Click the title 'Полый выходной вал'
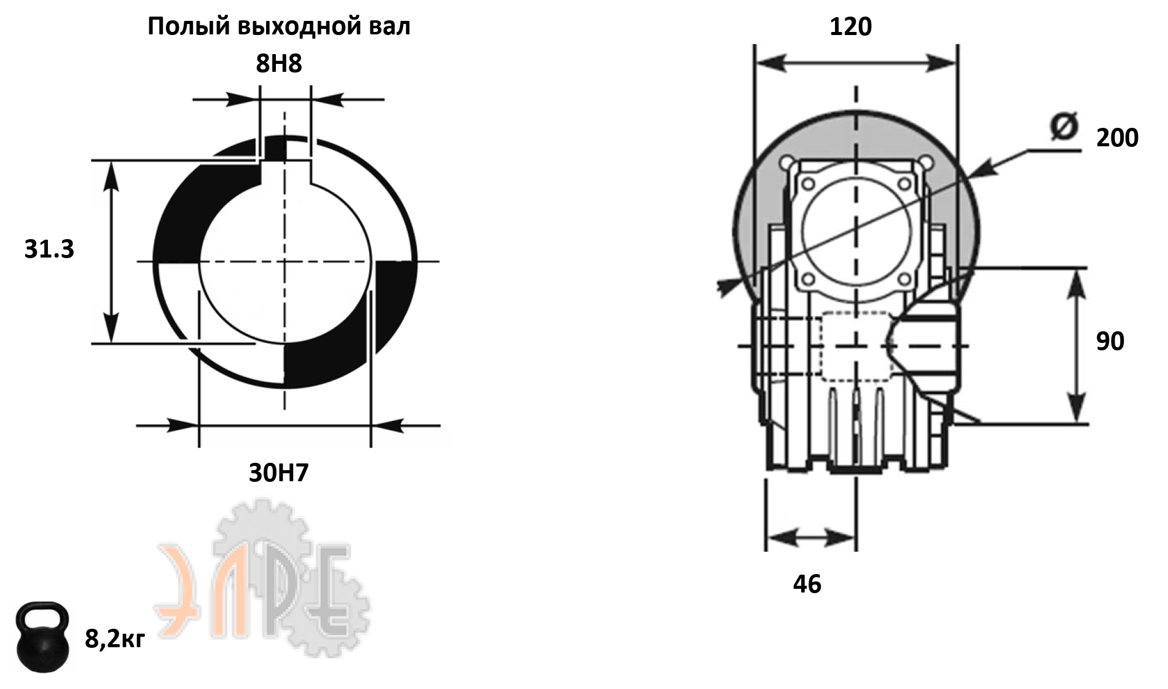tap(279, 27)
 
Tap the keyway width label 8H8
tap(279, 64)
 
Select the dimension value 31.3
tap(49, 249)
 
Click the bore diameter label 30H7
tap(279, 473)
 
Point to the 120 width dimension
tap(850, 27)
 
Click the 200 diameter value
tap(1117, 138)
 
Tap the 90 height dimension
tap(1110, 341)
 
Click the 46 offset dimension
tap(807, 584)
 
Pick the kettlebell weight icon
tap(42, 637)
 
